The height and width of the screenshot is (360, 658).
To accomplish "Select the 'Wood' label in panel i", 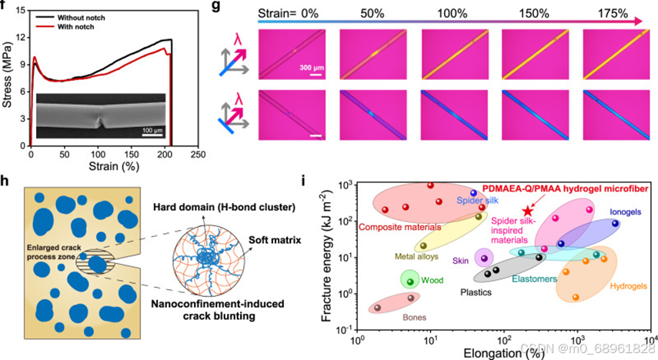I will (x=432, y=281).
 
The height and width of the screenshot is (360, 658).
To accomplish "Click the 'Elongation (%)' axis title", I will (x=505, y=352).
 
